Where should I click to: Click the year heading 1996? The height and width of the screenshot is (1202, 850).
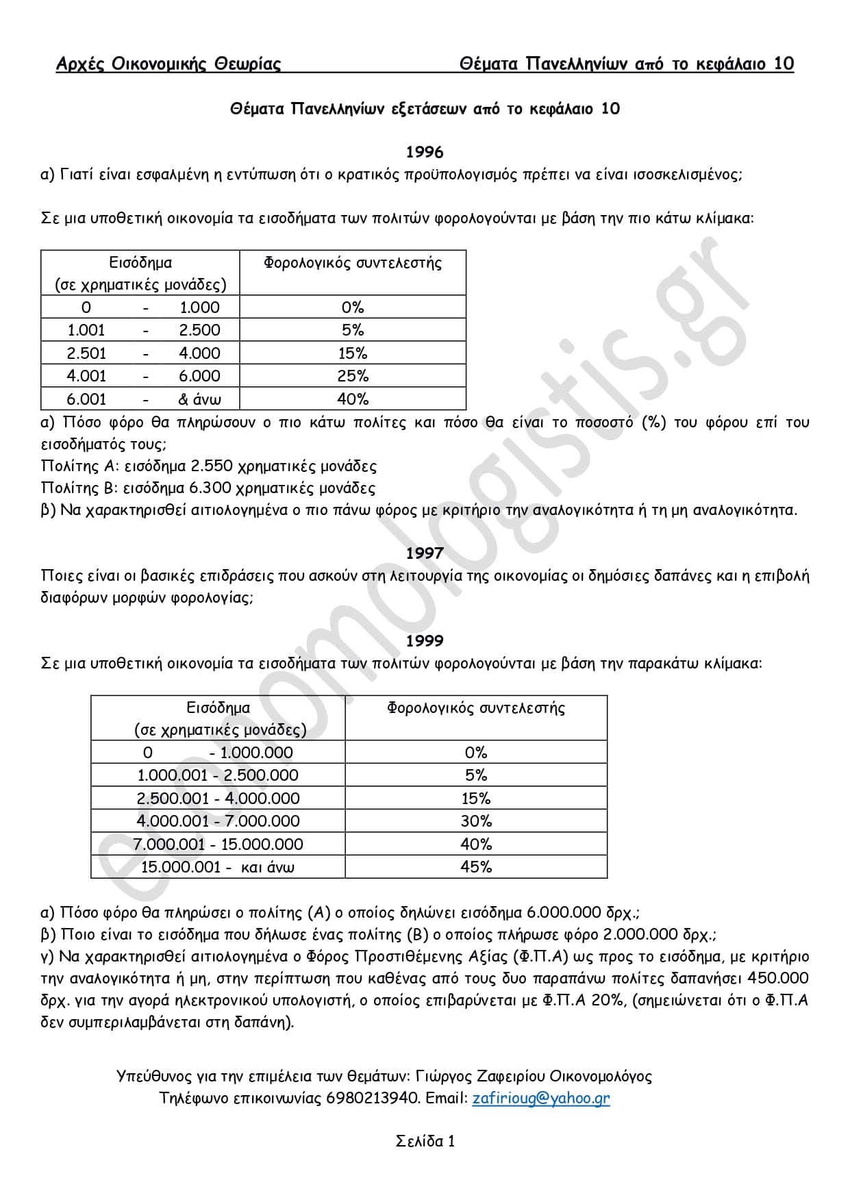point(425,152)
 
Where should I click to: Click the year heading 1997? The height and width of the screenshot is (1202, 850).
point(425,553)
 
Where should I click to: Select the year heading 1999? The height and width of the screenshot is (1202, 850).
point(425,640)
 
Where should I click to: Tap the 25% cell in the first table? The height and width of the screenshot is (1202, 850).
point(353,375)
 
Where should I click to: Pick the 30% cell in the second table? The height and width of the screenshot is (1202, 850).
point(476,821)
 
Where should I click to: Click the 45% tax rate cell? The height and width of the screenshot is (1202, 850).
point(476,866)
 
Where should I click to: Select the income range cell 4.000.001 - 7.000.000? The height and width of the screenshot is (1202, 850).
point(218,821)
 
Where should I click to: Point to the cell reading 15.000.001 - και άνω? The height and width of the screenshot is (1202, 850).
point(218,866)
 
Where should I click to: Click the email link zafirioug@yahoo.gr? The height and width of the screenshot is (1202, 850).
point(540,1099)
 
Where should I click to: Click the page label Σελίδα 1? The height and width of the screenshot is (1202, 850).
point(425,1141)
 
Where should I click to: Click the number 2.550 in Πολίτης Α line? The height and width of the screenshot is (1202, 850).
point(212,466)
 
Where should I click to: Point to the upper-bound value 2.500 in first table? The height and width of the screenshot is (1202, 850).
point(199,330)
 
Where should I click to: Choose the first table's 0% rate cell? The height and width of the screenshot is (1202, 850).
point(353,308)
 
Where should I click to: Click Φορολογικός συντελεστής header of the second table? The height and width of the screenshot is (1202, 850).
point(476,708)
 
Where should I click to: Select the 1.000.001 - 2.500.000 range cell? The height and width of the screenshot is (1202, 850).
point(218,775)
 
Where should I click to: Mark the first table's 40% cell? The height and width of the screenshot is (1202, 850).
point(353,399)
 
